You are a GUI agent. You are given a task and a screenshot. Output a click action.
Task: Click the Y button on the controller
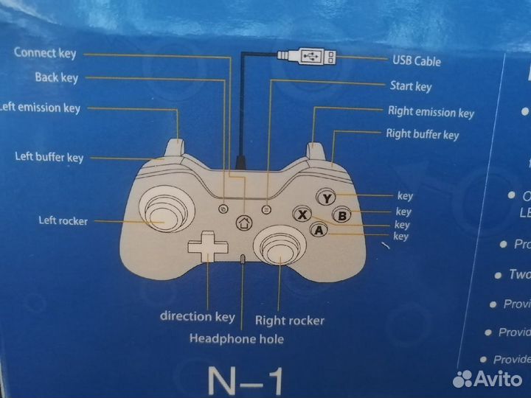327,198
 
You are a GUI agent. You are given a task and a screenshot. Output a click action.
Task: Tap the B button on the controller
341,215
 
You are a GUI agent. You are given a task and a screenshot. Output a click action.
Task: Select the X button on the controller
301,215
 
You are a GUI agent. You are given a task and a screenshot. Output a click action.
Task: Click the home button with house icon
244,223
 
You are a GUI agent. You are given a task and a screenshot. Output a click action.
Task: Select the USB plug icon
306,57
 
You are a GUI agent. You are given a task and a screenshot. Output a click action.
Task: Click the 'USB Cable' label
417,61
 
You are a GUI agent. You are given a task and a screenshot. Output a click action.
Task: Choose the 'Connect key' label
45,53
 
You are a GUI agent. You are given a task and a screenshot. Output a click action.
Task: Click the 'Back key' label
56,78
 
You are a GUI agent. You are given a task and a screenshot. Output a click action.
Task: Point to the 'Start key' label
410,87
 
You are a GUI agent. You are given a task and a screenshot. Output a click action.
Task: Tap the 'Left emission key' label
40,108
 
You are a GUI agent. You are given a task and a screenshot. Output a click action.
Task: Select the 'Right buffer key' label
422,134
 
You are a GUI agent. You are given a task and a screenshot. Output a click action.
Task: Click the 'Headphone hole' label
236,339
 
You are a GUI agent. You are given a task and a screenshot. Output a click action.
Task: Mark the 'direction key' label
198,316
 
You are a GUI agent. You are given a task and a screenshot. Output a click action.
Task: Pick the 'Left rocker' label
63,220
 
